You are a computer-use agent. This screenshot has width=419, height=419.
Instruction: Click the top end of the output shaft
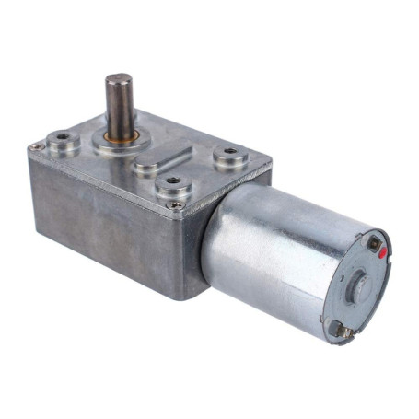118,79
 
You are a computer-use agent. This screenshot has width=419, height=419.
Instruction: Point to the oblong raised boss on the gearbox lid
164,164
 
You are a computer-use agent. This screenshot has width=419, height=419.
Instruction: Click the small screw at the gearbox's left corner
36,146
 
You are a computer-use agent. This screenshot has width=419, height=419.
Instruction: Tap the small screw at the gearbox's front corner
175,204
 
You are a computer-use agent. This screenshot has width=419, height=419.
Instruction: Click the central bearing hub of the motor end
359,285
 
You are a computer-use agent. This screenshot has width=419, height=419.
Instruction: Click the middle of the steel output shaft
118,106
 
